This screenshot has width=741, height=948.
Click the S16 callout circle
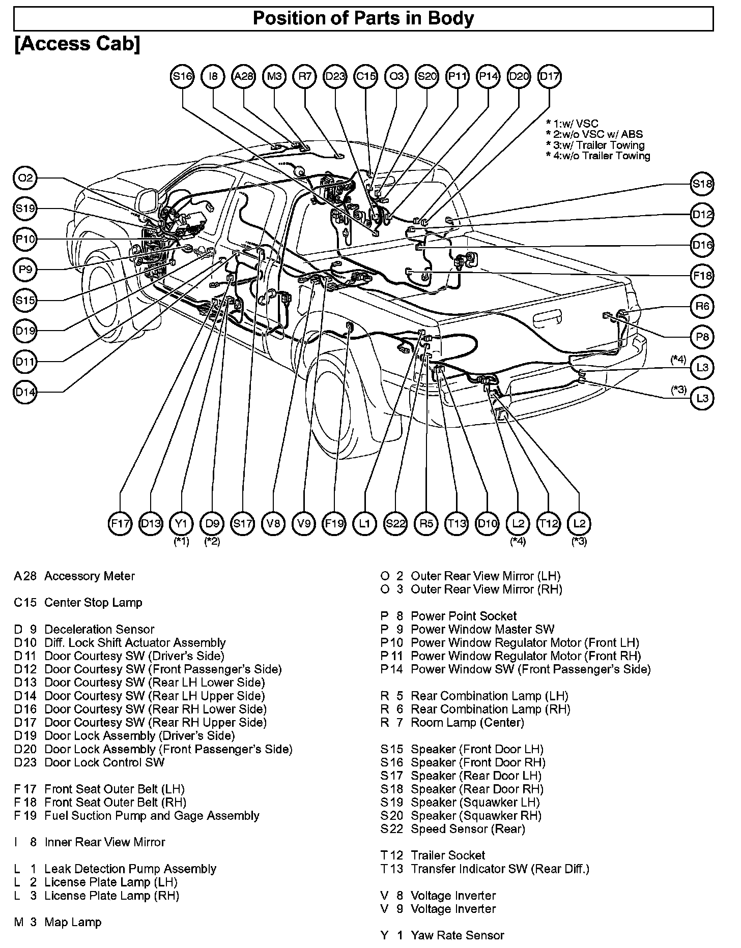coord(182,77)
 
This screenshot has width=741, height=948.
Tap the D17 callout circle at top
coord(549,77)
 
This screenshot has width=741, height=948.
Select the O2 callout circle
coord(25,178)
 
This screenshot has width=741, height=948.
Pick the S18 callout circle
coord(702,184)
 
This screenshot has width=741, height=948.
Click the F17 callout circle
coord(120,523)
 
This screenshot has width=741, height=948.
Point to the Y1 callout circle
coord(182,523)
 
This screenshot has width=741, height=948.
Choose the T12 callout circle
coord(549,523)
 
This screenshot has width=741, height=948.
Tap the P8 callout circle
coord(702,337)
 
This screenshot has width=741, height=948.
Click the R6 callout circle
coord(702,306)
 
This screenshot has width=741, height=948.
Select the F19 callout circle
coord(334,523)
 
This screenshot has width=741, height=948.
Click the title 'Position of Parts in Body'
coord(363,19)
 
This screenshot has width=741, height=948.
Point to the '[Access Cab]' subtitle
coord(77,44)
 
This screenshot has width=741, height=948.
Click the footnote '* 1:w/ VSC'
coord(572,124)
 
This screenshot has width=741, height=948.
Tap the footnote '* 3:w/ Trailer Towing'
coord(595,145)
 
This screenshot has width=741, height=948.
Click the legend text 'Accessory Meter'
coord(90,576)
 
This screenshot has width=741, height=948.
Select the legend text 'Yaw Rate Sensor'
coord(457,935)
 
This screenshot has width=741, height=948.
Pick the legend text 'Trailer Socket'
coord(448,855)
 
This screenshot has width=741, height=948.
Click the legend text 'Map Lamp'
coord(73,922)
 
